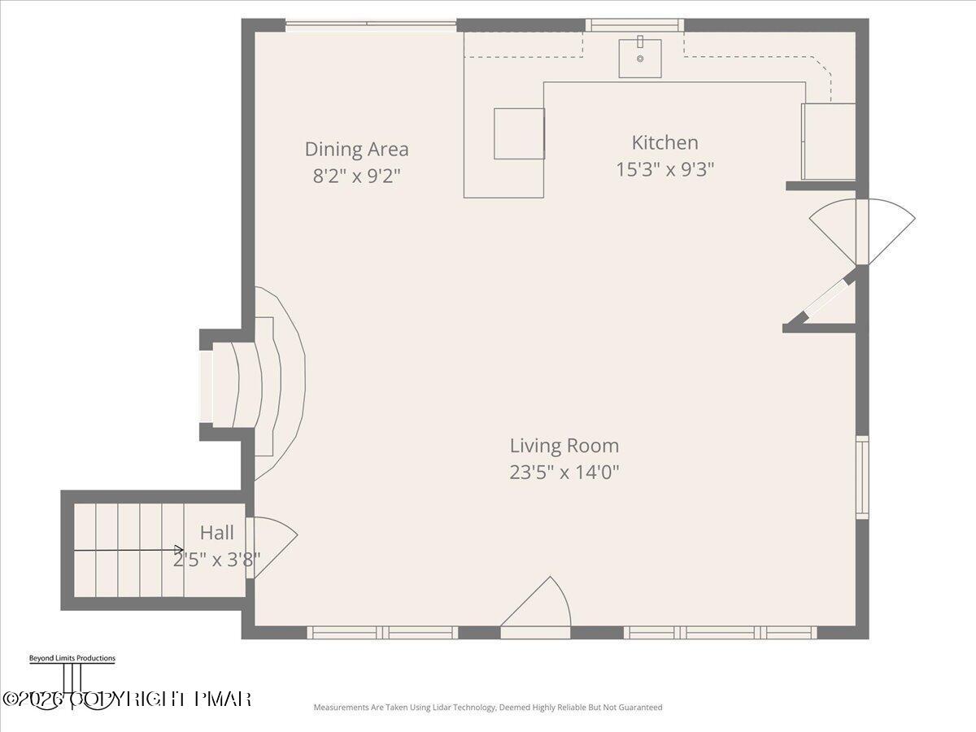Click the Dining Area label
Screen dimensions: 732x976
(356, 150)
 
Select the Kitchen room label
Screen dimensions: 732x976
(664, 142)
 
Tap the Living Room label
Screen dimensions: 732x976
(564, 446)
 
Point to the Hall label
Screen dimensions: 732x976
(216, 533)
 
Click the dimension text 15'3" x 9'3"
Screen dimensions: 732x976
(664, 169)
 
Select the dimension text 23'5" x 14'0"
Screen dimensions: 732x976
(564, 473)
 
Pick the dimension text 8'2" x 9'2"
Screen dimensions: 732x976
(356, 176)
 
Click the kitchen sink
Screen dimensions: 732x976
(640, 57)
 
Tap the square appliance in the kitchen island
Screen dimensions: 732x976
(519, 133)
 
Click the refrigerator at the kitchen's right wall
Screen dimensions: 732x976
(828, 142)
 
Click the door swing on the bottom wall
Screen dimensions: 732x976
(537, 606)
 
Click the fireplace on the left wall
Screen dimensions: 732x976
(248, 384)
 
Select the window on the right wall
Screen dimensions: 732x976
(862, 477)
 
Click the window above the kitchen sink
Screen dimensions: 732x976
(634, 25)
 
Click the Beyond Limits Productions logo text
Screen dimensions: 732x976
(72, 658)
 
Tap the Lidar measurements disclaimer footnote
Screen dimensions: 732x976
(488, 708)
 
